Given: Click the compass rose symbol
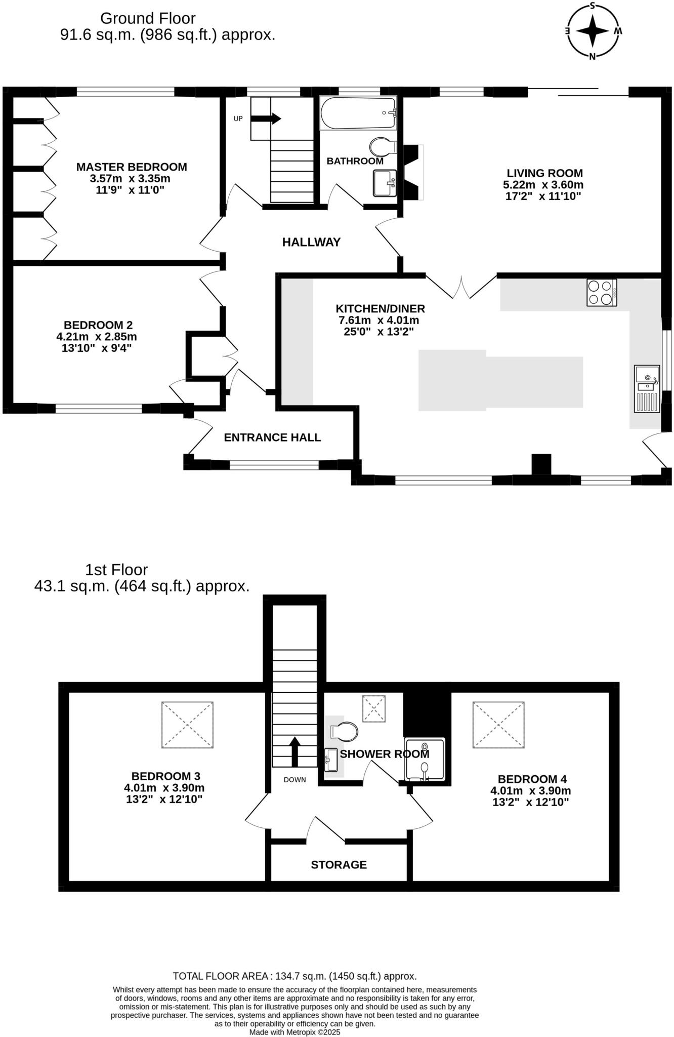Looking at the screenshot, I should [592, 31].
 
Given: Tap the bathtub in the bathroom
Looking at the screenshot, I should [358, 113].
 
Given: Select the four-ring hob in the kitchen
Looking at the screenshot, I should [601, 293].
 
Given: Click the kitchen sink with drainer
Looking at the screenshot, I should [647, 389].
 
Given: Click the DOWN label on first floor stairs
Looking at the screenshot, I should [294, 779].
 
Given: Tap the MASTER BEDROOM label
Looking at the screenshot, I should [132, 167].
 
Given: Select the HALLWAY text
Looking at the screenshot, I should [311, 242].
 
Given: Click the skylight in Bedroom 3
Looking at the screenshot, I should [187, 725].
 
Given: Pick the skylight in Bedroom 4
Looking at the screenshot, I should [498, 725].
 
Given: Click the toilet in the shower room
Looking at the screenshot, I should [344, 731].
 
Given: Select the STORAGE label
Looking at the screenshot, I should [339, 864].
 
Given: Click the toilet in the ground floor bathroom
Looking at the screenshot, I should [383, 147].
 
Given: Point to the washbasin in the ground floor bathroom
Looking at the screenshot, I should [385, 182].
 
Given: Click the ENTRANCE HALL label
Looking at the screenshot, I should [272, 437].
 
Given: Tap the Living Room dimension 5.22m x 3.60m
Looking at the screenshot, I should [543, 185].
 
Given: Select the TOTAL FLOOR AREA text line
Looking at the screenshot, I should [294, 976].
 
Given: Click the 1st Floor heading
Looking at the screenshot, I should [116, 570].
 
